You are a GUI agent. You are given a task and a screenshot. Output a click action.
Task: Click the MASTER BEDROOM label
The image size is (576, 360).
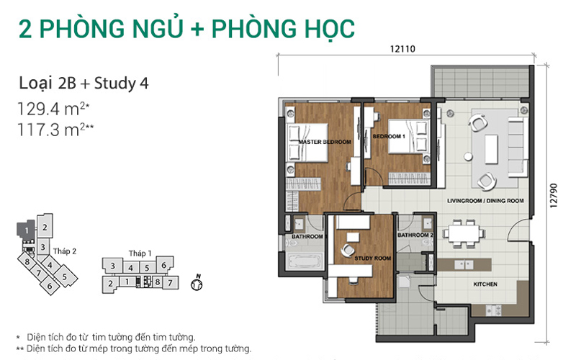point(325,142)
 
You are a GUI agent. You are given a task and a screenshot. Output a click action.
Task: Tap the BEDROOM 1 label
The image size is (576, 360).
point(389,136)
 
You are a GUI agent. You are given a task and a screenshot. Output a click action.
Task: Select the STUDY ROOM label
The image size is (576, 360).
point(372,258)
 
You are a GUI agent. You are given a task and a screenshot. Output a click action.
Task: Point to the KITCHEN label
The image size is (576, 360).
point(485,284)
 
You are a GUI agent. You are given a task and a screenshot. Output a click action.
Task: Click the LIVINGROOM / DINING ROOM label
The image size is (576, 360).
point(485,201)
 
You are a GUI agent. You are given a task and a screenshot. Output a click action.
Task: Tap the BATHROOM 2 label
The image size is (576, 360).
point(415,235)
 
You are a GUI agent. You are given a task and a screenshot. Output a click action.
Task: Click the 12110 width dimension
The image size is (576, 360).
point(402,49)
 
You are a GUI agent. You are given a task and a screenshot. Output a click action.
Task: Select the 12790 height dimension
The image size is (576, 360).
point(554,195)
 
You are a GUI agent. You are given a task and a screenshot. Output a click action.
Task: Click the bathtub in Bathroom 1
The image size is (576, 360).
point(305,261)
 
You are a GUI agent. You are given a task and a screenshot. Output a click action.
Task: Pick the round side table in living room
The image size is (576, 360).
point(468,157)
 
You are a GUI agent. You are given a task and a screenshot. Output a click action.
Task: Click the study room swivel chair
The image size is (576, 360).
point(348,250)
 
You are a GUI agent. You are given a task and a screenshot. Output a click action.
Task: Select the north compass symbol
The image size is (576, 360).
point(197,283)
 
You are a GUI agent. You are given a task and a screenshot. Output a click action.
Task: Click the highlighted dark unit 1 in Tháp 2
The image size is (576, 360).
point(26,230)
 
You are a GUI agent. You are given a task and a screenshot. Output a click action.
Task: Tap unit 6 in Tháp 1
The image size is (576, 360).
point(164,264)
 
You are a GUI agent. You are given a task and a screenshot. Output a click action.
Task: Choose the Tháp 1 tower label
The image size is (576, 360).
point(140,253)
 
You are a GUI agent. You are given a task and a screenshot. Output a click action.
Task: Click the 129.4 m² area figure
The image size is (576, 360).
point(53,109)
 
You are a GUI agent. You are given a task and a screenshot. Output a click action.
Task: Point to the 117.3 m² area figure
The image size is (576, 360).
point(55,130)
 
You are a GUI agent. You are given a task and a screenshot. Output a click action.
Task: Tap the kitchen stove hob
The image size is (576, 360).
point(493,311)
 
